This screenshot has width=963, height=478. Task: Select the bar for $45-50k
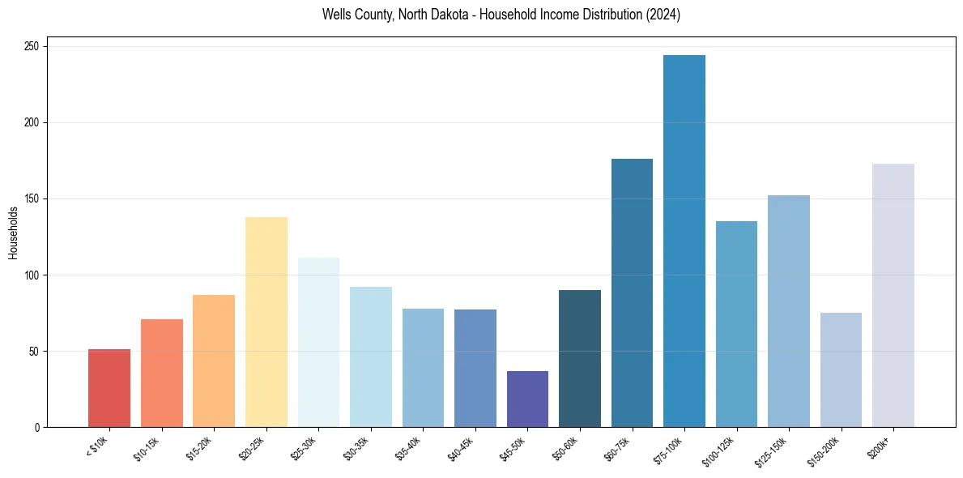[527, 399]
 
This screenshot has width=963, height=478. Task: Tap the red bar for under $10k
[109, 388]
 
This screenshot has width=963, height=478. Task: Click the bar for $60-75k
[632, 292]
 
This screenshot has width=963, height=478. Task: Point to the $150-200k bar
[841, 369]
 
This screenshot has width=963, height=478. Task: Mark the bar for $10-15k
[162, 373]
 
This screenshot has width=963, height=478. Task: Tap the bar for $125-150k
[789, 311]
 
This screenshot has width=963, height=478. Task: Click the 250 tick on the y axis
[32, 47]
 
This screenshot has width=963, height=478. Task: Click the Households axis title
[13, 233]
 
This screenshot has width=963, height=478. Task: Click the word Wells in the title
[335, 15]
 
